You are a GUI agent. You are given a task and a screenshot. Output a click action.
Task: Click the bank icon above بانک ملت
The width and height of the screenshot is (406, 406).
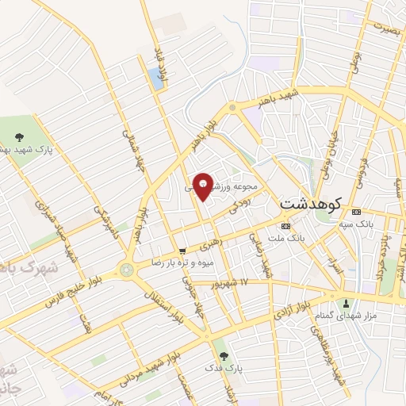point(285,226)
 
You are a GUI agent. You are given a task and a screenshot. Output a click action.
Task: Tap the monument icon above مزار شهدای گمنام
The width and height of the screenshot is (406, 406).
point(346,303)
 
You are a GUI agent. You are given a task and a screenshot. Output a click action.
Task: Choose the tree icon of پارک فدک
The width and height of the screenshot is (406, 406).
point(221,355)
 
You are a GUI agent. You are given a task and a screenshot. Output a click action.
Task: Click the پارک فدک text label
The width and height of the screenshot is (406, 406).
point(221,368)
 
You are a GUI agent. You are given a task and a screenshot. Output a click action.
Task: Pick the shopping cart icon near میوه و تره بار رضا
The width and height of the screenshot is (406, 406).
point(183,250)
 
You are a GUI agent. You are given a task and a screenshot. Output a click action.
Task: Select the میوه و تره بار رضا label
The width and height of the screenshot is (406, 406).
point(180,261)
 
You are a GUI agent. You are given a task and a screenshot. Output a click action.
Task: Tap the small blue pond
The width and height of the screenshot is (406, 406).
point(155,78)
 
